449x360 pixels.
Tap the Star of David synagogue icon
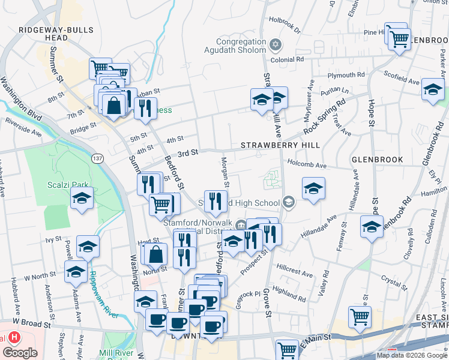coord(276,44)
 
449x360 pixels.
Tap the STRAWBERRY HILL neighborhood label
coord(280,146)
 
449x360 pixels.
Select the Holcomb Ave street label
coord(307,164)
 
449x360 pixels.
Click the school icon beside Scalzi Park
coord(82,198)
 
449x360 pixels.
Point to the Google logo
coord(20,353)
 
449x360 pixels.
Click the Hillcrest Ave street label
coord(295,271)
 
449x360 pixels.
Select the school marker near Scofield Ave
coord(433,89)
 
